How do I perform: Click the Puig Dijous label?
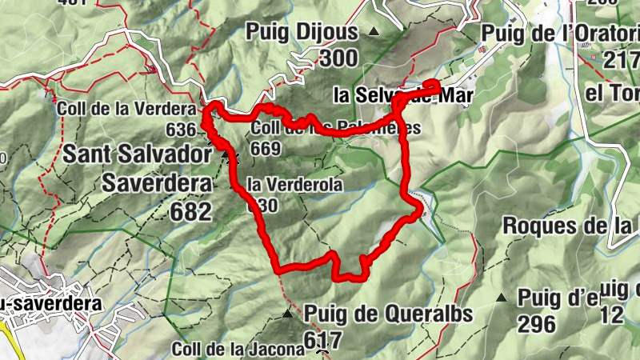pos(303,33)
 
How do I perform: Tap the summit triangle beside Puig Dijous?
pos(374,32)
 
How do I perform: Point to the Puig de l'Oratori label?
pos(560,33)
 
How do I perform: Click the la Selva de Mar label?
pos(404,95)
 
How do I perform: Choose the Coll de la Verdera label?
pos(127,109)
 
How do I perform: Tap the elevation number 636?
pos(182,130)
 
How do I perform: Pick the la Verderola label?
pos(295,185)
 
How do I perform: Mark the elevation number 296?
pos(536,323)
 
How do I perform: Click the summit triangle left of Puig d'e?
pos(502,298)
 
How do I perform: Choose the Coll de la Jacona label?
pos(238,349)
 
